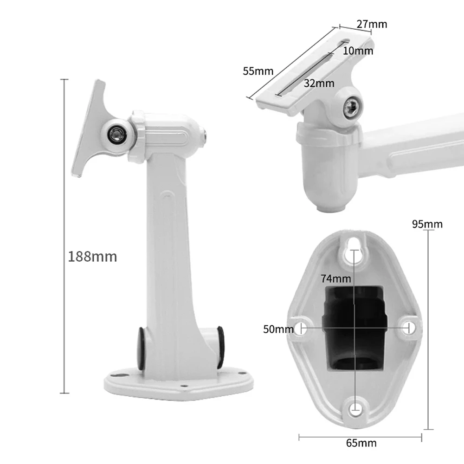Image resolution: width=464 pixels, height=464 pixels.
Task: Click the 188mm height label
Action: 93,256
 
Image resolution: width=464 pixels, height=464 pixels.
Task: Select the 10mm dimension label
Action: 358,51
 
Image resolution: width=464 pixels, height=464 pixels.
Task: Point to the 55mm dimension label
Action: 258,71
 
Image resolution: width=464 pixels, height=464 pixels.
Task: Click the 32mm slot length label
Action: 319,84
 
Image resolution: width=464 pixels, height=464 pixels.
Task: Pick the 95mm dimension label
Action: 427,224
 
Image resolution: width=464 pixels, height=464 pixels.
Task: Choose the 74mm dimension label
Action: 336,278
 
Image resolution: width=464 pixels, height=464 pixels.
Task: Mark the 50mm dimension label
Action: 278,329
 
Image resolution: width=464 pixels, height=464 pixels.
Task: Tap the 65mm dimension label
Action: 361,443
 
